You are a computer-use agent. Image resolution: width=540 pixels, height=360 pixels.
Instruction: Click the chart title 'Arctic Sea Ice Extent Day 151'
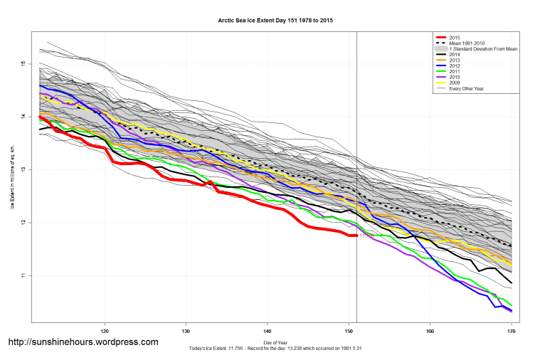pos(275,21)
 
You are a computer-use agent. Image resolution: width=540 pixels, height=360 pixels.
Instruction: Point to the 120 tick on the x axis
pos(105,331)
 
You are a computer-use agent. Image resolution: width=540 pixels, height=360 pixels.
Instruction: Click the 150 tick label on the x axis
pos(349,331)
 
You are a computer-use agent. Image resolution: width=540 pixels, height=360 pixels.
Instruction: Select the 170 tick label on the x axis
pos(511,331)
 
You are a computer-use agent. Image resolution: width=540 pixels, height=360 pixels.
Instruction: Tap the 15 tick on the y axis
pos(23,64)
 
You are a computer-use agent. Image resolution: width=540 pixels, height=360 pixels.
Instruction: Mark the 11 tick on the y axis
pos(23,275)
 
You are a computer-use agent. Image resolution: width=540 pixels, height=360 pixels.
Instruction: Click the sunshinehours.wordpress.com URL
pos(83,342)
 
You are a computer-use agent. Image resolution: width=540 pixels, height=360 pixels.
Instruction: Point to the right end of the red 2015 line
pos(356,235)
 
